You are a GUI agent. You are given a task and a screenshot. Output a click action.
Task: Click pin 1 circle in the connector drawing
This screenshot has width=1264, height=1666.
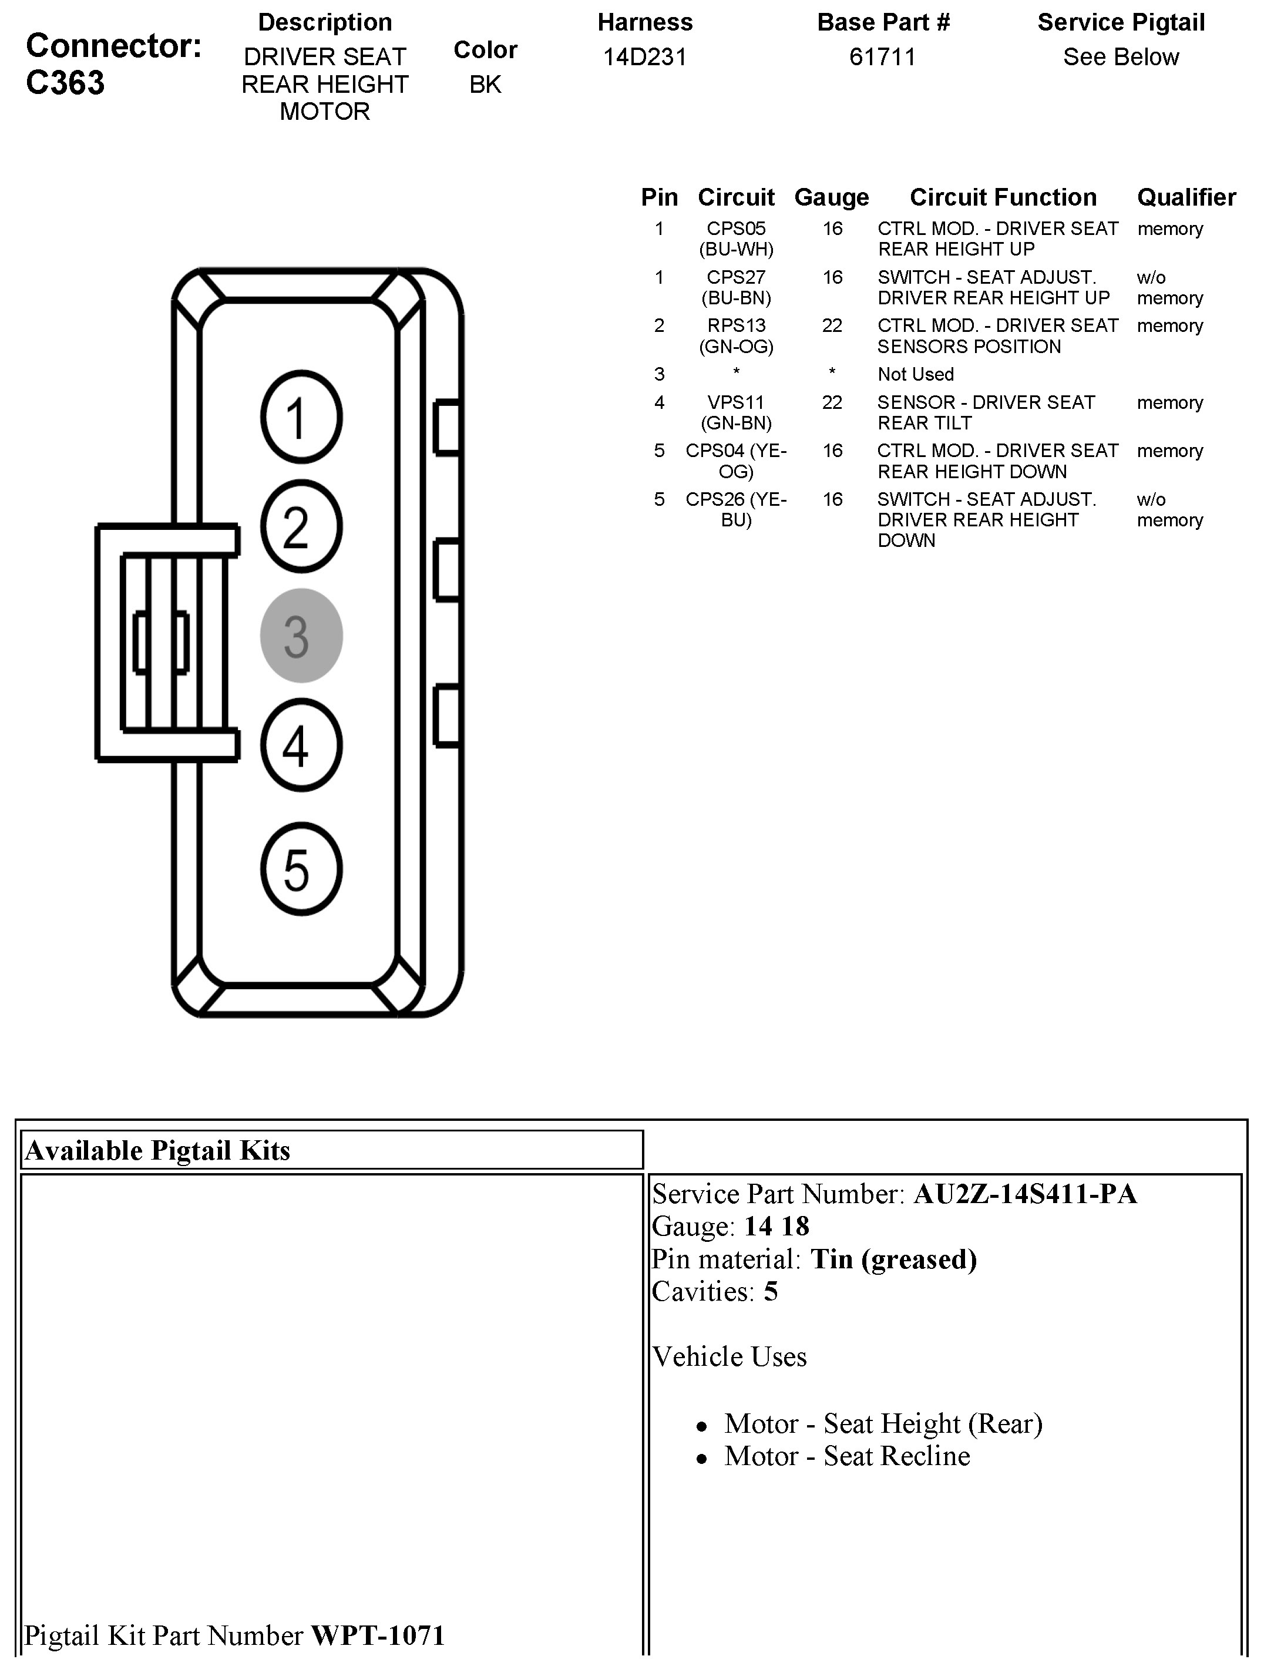click(301, 416)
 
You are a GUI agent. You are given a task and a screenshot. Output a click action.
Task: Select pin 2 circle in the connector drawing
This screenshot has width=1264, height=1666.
click(301, 526)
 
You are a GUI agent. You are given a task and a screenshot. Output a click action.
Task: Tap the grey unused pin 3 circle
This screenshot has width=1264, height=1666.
click(301, 635)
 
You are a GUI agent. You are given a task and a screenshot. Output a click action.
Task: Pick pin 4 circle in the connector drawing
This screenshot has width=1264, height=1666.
click(301, 745)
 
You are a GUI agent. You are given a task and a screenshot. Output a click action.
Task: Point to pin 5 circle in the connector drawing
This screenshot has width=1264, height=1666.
click(301, 868)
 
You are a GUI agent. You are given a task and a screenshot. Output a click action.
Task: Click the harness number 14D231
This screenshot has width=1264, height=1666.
click(645, 57)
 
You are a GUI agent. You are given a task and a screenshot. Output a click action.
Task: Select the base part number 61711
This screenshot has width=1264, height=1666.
click(882, 57)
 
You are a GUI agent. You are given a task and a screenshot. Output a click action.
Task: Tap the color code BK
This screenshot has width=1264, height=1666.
click(485, 85)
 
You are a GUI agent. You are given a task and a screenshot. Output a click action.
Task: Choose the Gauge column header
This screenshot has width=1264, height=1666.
click(831, 197)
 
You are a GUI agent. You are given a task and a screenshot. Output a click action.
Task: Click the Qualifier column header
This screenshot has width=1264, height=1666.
click(1186, 197)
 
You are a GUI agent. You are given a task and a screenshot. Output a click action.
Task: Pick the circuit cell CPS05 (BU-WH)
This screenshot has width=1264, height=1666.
click(736, 238)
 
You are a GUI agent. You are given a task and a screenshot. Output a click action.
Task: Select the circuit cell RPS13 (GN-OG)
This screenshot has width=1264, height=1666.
click(736, 336)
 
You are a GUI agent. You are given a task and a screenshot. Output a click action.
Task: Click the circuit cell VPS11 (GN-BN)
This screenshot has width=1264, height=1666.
click(736, 412)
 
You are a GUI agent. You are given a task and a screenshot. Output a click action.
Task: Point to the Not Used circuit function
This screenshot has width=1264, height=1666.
click(915, 374)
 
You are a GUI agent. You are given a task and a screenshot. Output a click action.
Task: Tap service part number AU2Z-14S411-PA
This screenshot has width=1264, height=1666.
click(1024, 1194)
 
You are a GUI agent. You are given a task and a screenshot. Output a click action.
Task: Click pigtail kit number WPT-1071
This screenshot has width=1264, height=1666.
click(378, 1635)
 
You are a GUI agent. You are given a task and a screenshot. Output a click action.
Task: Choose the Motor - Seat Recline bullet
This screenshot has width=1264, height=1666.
click(847, 1456)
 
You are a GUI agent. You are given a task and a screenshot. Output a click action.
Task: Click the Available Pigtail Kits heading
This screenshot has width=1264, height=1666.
click(157, 1150)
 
